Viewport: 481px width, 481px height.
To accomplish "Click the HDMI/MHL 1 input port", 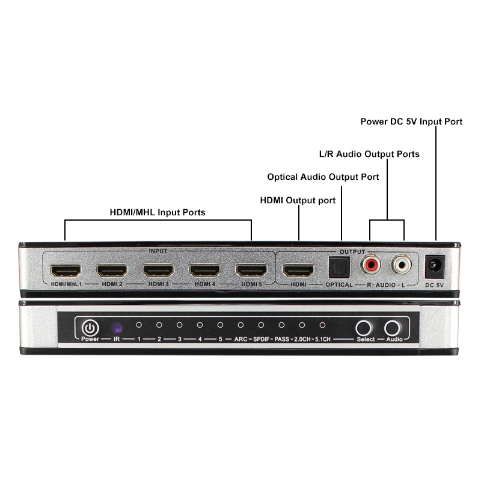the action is [x=66, y=271].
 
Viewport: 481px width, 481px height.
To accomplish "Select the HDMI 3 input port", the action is [x=158, y=271].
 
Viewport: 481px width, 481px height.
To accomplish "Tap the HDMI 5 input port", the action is [x=251, y=271].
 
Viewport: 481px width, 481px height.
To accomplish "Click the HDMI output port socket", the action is [x=298, y=271].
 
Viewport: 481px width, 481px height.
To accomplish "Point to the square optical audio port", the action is [x=339, y=268].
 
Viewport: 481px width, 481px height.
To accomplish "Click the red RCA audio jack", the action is [x=371, y=265].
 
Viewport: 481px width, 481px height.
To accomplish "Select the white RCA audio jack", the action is [x=402, y=265].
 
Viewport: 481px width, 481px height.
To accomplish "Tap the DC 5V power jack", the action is [x=434, y=266].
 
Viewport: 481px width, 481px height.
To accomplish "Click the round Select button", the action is [x=364, y=328].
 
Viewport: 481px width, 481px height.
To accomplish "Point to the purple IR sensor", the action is [x=117, y=328].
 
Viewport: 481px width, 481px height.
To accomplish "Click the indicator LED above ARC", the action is [x=241, y=325].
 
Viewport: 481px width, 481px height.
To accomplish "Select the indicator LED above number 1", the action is [x=139, y=325].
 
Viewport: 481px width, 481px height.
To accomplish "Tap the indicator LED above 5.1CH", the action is [x=322, y=325].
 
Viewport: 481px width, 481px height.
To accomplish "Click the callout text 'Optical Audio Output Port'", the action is [x=323, y=177].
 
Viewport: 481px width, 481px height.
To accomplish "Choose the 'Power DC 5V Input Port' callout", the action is [x=411, y=121].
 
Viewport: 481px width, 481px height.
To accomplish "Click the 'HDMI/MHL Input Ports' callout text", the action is [x=158, y=212].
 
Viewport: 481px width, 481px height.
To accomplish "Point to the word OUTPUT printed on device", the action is [x=352, y=251].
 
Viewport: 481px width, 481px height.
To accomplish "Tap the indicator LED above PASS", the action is [x=281, y=325].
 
